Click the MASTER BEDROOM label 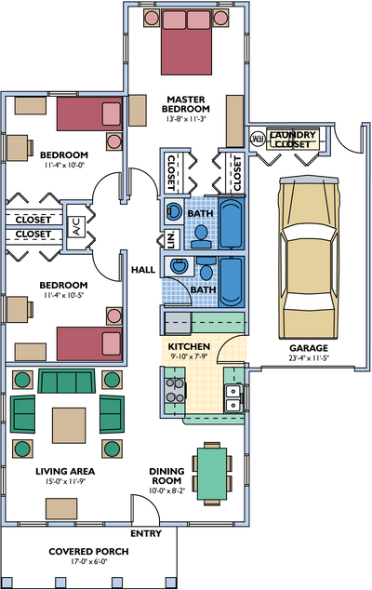186,104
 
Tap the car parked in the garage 308,257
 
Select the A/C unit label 77,226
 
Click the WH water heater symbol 258,139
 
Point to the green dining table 212,473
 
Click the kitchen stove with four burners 175,390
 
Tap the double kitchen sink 233,398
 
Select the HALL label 143,270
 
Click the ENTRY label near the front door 146,533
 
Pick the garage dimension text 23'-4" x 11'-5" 309,358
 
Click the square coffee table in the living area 69,425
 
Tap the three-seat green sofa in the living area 67,381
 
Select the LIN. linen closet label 171,239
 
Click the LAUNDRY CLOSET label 293,140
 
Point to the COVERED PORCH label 88,551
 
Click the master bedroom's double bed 186,42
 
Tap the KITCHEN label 189,346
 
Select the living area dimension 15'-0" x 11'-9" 65,481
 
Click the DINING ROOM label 167,476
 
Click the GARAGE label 309,348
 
